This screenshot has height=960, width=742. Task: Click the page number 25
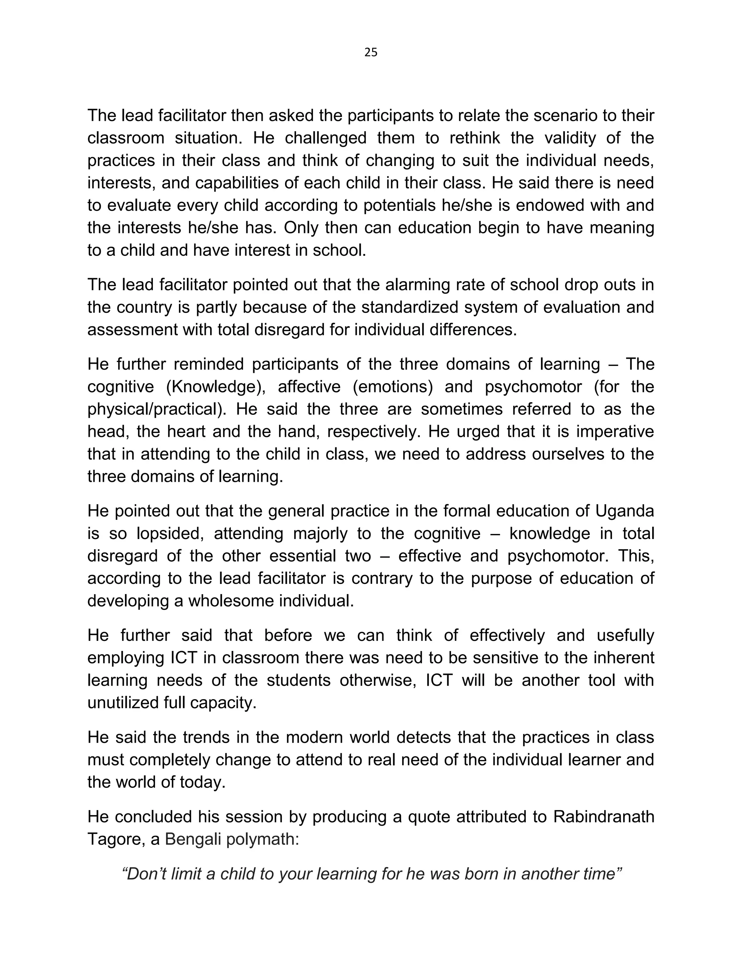click(371, 53)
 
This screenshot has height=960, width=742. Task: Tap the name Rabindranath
click(604, 816)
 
